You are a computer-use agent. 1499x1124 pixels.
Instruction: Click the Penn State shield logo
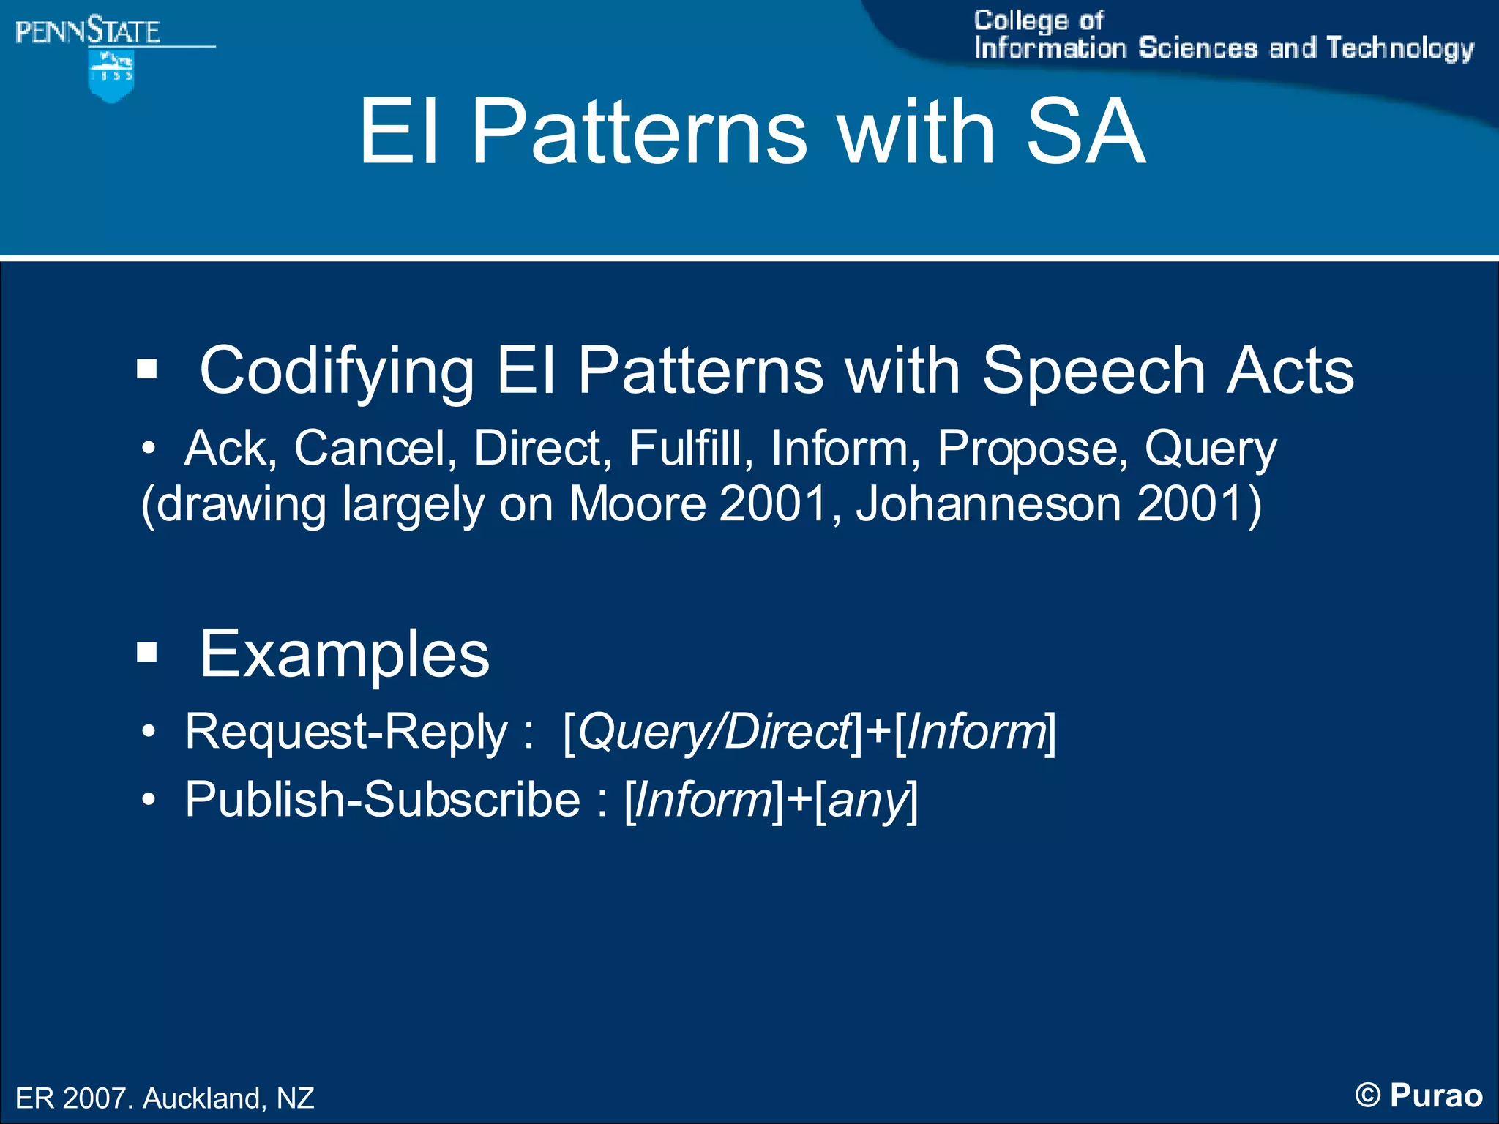click(x=111, y=75)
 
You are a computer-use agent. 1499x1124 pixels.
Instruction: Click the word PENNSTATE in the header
click(x=88, y=31)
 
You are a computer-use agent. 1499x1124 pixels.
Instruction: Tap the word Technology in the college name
click(x=1399, y=48)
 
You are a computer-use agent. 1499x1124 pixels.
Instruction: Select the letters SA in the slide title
click(x=1085, y=132)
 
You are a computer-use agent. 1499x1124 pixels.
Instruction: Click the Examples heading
click(x=344, y=653)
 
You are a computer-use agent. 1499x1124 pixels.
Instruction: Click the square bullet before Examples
click(x=147, y=651)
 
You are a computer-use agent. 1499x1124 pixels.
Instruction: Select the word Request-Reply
click(x=345, y=732)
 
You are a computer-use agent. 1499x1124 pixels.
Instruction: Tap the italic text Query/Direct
click(x=714, y=732)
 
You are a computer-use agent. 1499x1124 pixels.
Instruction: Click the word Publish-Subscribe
click(x=382, y=799)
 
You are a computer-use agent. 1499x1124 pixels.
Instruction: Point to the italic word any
click(x=867, y=801)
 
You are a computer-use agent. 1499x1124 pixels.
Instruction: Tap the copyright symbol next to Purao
click(x=1367, y=1095)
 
